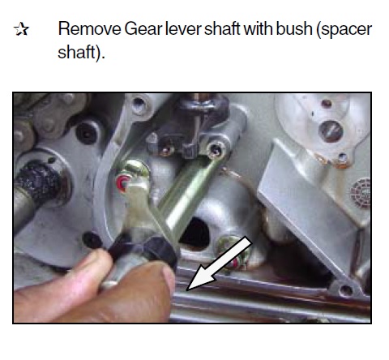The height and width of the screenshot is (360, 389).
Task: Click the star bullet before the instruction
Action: (21, 29)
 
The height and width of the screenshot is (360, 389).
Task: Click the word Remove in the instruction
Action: (89, 28)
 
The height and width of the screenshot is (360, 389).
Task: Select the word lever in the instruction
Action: (183, 28)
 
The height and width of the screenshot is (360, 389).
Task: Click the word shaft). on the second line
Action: (81, 53)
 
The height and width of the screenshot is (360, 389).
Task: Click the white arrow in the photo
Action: (219, 264)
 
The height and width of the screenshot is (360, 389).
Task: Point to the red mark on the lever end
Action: (122, 183)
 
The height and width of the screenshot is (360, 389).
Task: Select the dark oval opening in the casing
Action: (195, 234)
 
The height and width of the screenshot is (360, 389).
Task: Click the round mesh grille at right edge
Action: (361, 193)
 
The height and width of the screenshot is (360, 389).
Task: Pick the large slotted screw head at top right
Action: (331, 131)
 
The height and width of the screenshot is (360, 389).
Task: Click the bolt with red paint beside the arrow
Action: (233, 253)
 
